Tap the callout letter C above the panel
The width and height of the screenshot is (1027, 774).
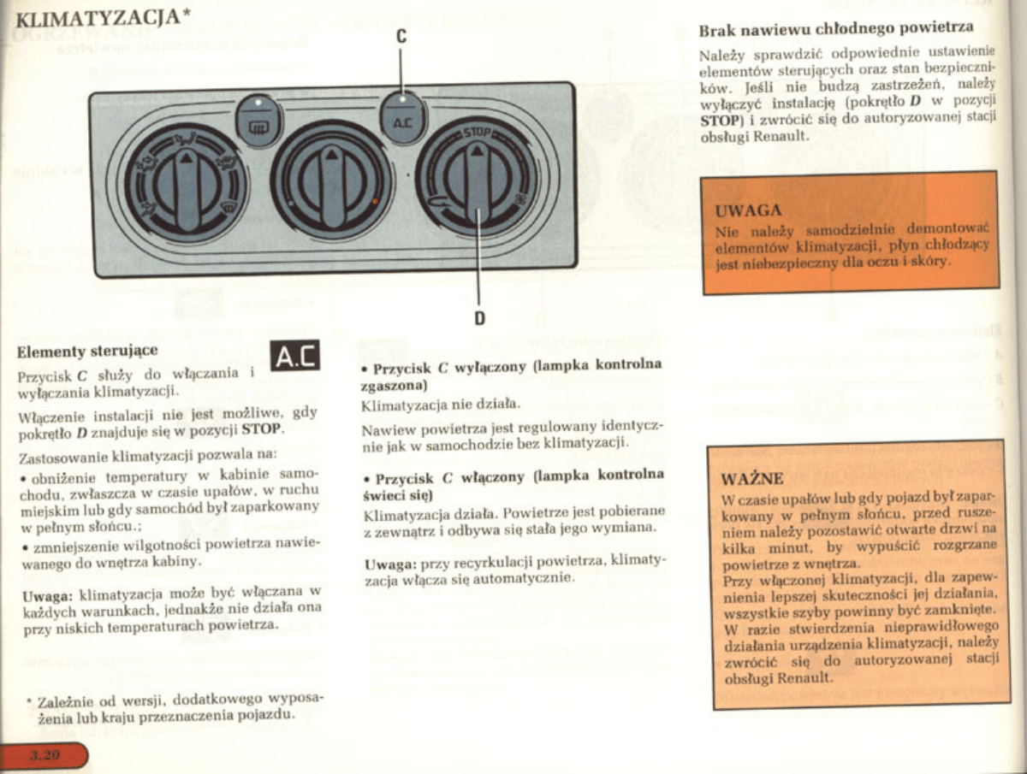tap(401, 38)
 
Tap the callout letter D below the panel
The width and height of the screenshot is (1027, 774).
tap(479, 318)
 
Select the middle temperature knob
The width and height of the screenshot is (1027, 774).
tap(332, 180)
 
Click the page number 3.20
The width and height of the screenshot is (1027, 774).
tap(45, 754)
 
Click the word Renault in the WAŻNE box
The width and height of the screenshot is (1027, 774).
tap(804, 677)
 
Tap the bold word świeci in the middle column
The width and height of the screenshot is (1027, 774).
tap(383, 494)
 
